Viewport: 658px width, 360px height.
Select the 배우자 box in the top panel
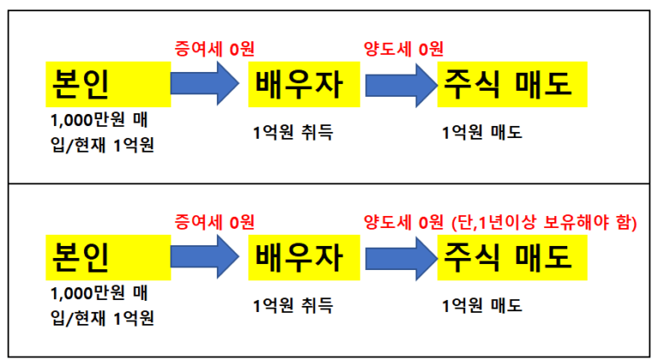coord(296,84)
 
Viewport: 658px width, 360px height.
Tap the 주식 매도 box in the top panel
coord(511,84)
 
